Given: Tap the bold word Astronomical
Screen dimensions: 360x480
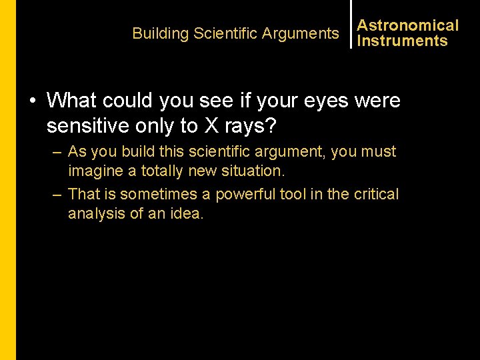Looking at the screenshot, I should [x=408, y=25].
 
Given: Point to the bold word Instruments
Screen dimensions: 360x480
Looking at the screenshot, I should [x=402, y=41].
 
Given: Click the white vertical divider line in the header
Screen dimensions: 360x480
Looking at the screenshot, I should [x=351, y=24].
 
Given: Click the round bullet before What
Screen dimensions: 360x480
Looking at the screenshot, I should [x=33, y=101].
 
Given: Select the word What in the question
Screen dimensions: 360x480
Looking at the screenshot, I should [x=72, y=101].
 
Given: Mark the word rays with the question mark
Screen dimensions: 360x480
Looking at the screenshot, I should [x=255, y=125].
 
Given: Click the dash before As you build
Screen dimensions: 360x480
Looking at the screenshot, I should [x=58, y=152].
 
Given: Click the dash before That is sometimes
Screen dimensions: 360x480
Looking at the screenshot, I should [x=58, y=195].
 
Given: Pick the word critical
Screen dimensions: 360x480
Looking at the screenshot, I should [x=375, y=195].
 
